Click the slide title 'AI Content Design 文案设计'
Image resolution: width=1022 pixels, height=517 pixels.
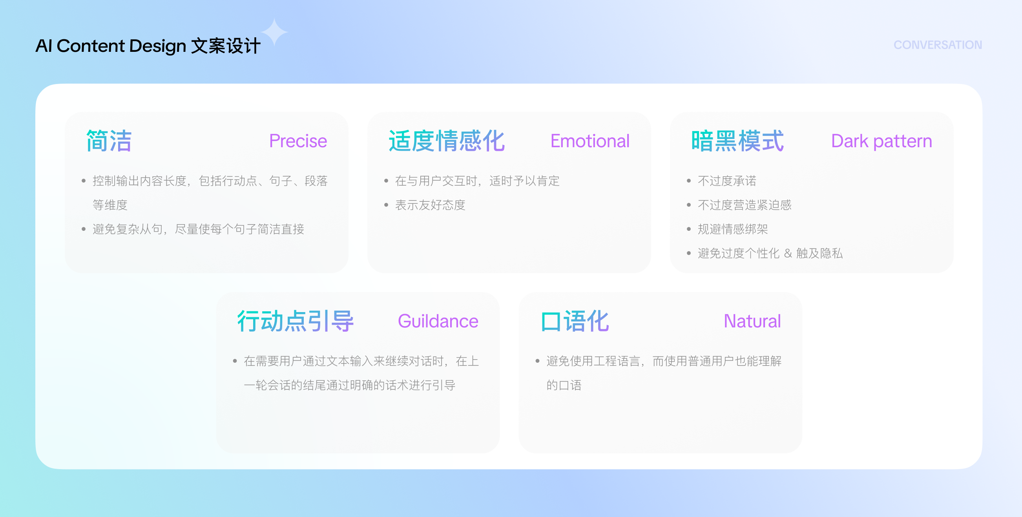pyautogui.click(x=148, y=46)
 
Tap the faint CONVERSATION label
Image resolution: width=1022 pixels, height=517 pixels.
pyautogui.click(x=938, y=45)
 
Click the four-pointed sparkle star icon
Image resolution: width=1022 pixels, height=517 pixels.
pyautogui.click(x=274, y=32)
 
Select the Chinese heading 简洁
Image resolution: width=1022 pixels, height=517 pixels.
pyautogui.click(x=109, y=141)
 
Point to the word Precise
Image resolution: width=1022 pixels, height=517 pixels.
pyautogui.click(x=298, y=141)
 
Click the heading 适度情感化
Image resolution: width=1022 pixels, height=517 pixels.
pyautogui.click(x=447, y=141)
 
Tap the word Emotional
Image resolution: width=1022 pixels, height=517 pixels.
pyautogui.click(x=590, y=141)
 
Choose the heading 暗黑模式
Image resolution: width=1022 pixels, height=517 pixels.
pyautogui.click(x=737, y=141)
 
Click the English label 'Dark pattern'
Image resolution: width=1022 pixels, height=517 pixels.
pyautogui.click(x=881, y=141)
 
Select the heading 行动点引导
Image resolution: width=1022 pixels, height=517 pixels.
pyautogui.click(x=296, y=321)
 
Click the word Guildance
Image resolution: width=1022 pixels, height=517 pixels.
pyautogui.click(x=438, y=321)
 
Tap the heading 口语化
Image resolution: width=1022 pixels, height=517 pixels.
pyautogui.click(x=575, y=321)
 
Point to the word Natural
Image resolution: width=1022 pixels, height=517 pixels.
pyautogui.click(x=752, y=321)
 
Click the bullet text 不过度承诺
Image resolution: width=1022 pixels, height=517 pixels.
pyautogui.click(x=727, y=181)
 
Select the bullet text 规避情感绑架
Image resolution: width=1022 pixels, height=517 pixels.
pyautogui.click(x=733, y=229)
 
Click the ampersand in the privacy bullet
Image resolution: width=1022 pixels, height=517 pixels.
pyautogui.click(x=788, y=253)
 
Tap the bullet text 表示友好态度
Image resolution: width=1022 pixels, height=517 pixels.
pyautogui.click(x=430, y=205)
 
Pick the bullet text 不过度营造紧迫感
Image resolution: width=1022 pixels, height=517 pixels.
pyautogui.click(x=745, y=205)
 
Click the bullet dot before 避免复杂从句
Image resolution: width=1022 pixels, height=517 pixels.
pyautogui.click(x=84, y=229)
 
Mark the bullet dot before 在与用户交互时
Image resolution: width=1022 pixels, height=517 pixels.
pyautogui.click(x=386, y=181)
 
